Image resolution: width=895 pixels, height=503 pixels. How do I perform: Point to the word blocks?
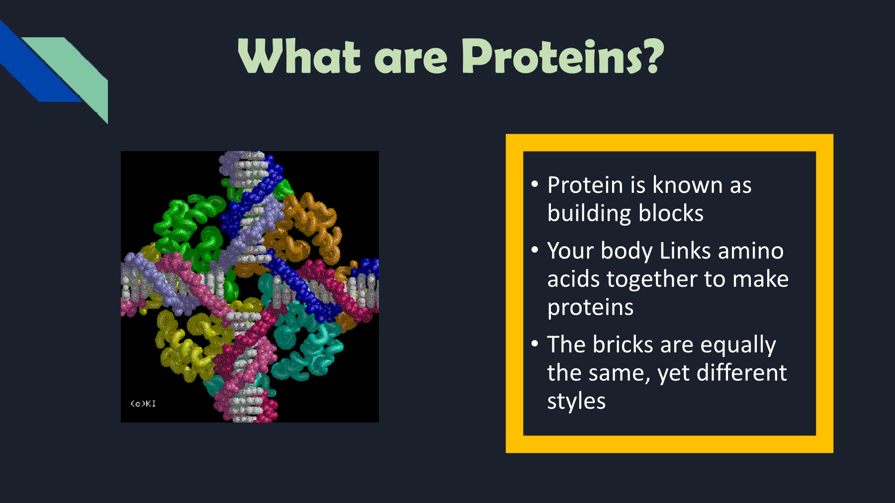[671, 213]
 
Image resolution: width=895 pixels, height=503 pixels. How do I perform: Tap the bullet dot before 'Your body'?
[535, 250]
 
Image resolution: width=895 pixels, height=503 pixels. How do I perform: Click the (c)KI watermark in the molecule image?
[143, 404]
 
